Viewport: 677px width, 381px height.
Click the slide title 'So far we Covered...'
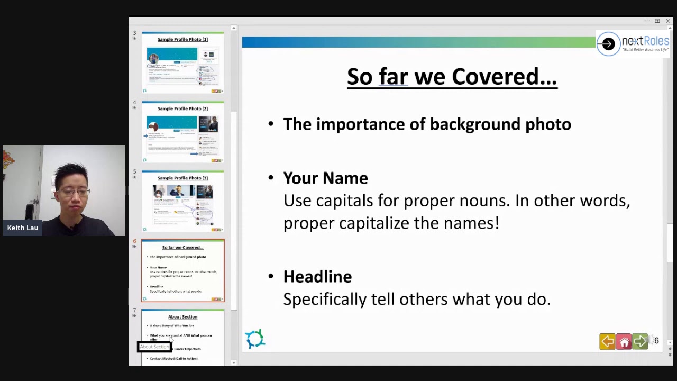(x=452, y=77)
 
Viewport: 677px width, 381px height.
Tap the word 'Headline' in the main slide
(x=317, y=277)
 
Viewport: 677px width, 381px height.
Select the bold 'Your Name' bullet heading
(x=325, y=178)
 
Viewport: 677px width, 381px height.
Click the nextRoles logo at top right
(x=633, y=43)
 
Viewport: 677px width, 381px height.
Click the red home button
(x=624, y=342)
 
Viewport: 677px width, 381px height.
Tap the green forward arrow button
(x=640, y=342)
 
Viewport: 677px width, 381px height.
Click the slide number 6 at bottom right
(x=656, y=341)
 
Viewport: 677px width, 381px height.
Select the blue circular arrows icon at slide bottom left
(x=255, y=339)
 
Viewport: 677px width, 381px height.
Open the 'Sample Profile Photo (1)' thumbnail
(x=182, y=63)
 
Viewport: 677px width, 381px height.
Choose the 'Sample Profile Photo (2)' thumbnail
(x=182, y=132)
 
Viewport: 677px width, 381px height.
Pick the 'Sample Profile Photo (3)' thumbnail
(x=182, y=202)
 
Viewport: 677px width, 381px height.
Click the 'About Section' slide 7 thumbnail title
(x=182, y=317)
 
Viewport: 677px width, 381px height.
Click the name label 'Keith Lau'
(x=23, y=228)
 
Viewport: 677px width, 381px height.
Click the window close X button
(x=667, y=21)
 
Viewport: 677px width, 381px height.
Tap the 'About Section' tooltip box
(x=154, y=347)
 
